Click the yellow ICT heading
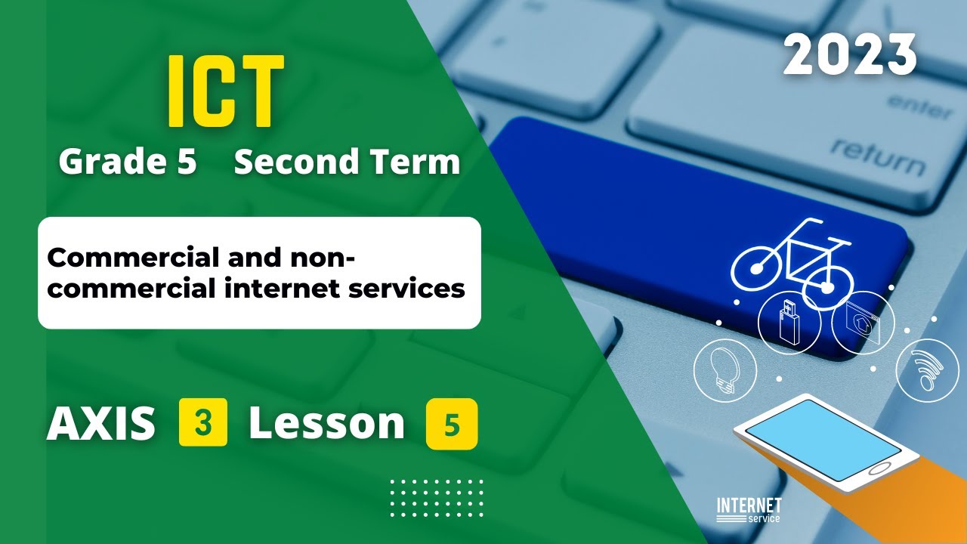(x=226, y=92)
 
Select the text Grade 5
(x=128, y=162)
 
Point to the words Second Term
(x=347, y=162)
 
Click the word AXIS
(x=101, y=424)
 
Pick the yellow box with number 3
(x=203, y=424)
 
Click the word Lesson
(x=326, y=424)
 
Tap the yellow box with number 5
(x=452, y=425)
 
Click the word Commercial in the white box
(x=130, y=258)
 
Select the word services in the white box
(x=417, y=288)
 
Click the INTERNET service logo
(x=748, y=509)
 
